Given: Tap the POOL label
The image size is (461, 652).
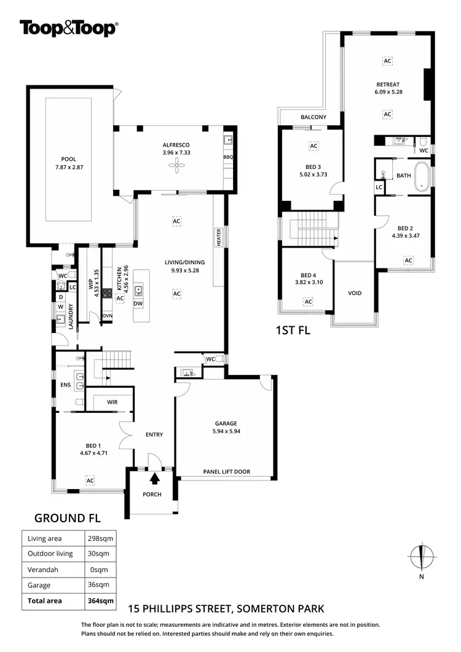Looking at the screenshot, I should pyautogui.click(x=69, y=159).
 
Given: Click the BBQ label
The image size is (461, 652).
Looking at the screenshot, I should pyautogui.click(x=227, y=157).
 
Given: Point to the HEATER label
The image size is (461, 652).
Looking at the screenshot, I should pyautogui.click(x=218, y=237).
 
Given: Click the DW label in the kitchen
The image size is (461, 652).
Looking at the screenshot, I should pyautogui.click(x=138, y=304).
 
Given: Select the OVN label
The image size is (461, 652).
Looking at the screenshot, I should pyautogui.click(x=108, y=316).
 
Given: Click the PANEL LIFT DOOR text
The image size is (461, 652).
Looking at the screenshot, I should pyautogui.click(x=227, y=472).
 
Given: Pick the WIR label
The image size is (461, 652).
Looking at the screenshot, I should pyautogui.click(x=112, y=402).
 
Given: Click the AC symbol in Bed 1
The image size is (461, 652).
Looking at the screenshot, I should pyautogui.click(x=90, y=480).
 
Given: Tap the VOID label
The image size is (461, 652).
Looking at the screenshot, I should pyautogui.click(x=355, y=293).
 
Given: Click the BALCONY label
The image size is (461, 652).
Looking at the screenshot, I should pyautogui.click(x=313, y=117).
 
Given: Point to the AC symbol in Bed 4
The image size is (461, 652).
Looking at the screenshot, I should pyautogui.click(x=308, y=302).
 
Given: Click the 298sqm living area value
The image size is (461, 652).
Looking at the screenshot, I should pyautogui.click(x=98, y=538).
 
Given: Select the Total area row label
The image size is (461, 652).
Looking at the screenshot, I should pyautogui.click(x=45, y=600).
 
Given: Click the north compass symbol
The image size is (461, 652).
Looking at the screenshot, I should pyautogui.click(x=421, y=557).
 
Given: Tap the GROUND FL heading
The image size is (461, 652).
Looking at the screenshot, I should pyautogui.click(x=67, y=517).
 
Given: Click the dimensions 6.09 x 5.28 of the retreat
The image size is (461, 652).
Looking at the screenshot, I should pyautogui.click(x=388, y=92).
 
